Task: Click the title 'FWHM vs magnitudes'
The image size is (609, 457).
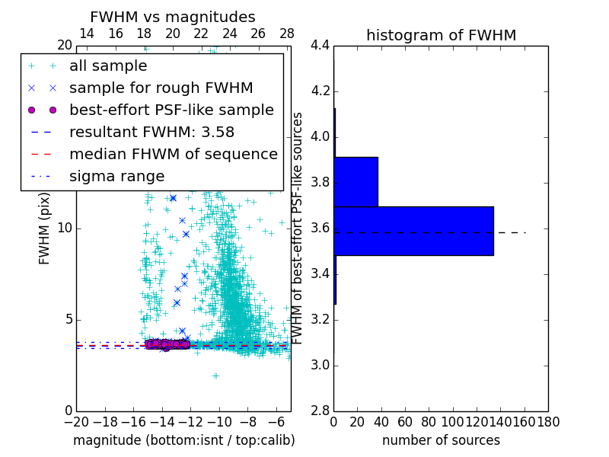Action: (173, 17)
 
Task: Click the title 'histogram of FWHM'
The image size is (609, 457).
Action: (441, 35)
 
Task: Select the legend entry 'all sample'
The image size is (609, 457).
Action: (108, 66)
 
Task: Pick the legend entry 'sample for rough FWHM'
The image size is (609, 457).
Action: (161, 88)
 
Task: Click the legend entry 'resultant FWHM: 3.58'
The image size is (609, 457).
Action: (151, 132)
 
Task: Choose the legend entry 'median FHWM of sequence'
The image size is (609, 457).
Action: (173, 154)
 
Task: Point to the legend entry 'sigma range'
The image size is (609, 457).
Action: (116, 176)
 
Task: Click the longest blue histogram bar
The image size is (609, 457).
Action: (413, 231)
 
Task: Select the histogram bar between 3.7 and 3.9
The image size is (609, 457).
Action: (356, 181)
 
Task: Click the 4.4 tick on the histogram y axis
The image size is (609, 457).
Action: (320, 46)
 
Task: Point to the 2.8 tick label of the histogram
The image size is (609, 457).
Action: (320, 411)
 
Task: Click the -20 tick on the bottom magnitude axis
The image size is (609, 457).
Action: (76, 422)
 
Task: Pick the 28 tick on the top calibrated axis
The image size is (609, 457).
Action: (287, 34)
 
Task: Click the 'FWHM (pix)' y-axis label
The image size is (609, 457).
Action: (45, 228)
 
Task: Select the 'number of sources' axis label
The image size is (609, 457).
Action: (441, 440)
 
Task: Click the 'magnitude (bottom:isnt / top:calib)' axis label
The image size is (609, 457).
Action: (183, 440)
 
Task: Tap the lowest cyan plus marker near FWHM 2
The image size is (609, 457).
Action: (215, 376)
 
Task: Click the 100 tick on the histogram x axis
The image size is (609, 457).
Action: (453, 422)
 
